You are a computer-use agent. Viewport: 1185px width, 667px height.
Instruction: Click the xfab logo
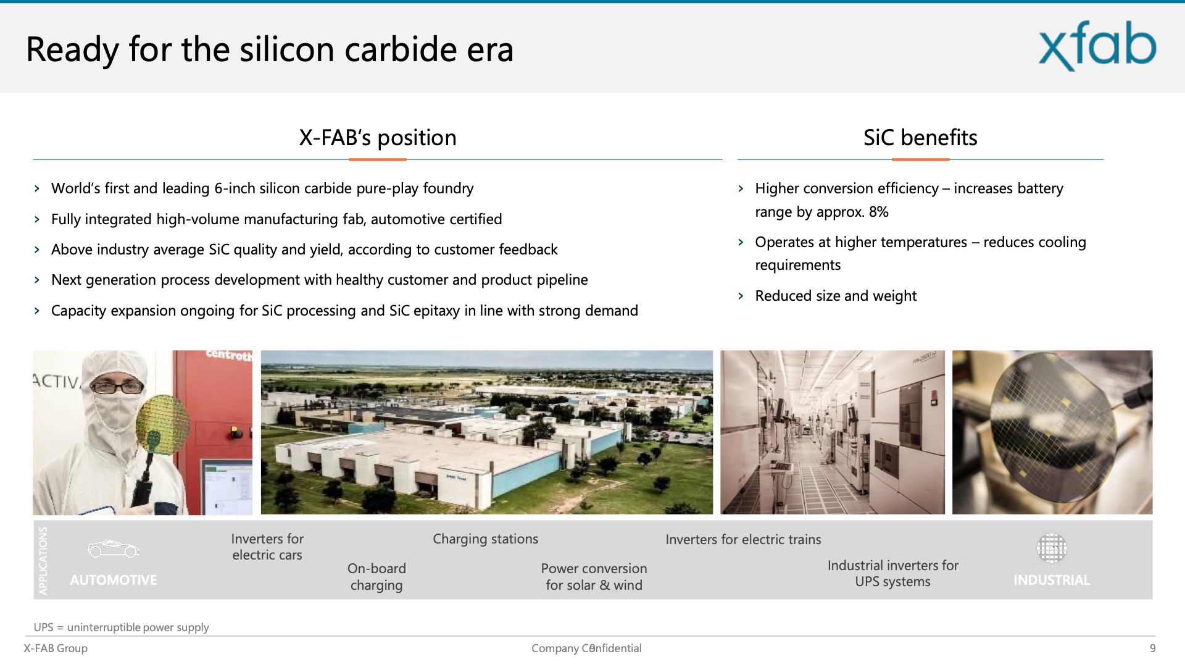coord(1097,46)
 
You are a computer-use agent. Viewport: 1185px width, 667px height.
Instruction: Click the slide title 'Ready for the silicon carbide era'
coord(270,49)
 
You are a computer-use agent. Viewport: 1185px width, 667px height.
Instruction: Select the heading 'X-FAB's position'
coord(378,137)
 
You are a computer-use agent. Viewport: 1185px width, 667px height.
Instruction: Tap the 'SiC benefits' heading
coord(920,137)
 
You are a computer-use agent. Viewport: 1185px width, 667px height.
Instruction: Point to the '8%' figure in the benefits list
coord(878,212)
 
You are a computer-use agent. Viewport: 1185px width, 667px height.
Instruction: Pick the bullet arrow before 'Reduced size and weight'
coord(741,296)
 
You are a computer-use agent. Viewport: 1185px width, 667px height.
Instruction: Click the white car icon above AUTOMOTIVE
coord(114,548)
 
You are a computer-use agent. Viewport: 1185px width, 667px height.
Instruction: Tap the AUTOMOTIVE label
coord(114,580)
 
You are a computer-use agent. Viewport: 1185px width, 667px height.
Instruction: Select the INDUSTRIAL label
coord(1052,580)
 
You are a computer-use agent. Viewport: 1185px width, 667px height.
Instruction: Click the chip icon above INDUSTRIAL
coord(1052,548)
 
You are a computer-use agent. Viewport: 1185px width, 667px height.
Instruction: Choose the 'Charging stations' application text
coord(485,539)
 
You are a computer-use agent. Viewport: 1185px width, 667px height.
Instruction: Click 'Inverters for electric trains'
coord(743,539)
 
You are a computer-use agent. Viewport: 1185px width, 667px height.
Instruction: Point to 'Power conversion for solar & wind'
coord(594,577)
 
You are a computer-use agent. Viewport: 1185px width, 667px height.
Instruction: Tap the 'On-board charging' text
coord(376,577)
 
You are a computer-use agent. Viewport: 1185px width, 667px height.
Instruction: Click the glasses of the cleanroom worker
coord(117,387)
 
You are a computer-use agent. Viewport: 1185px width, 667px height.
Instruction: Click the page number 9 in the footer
coord(1152,648)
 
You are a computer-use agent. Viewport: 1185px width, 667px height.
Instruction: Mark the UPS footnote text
coord(121,627)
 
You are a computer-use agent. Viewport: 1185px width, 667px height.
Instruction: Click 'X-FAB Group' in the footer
coord(56,648)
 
